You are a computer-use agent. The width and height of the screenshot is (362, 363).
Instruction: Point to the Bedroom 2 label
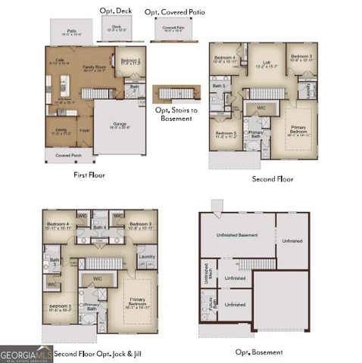132,61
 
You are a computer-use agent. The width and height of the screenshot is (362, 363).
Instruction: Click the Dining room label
58,132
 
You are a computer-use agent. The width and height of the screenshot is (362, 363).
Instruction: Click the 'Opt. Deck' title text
115,11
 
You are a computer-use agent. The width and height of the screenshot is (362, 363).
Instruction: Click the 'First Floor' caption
89,175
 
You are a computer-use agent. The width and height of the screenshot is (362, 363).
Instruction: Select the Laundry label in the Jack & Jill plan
147,256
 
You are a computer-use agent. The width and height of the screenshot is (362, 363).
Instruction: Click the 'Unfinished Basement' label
237,235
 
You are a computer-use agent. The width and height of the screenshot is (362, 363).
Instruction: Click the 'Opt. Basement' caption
258,352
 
